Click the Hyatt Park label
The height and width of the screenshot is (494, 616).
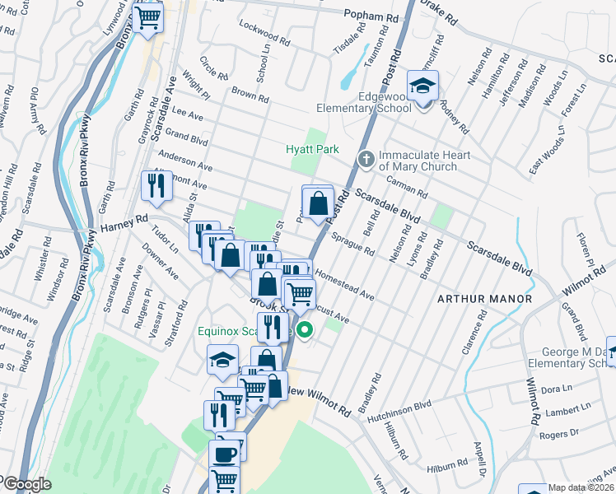click(x=312, y=149)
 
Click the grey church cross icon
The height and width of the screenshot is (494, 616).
click(x=366, y=156)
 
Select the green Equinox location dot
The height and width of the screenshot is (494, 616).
click(x=305, y=331)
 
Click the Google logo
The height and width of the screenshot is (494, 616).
click(x=26, y=484)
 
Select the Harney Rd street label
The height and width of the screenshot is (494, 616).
click(x=124, y=222)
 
